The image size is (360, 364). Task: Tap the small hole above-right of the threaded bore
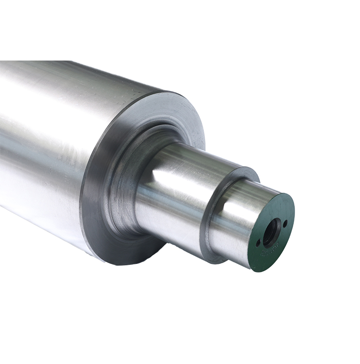285,223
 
